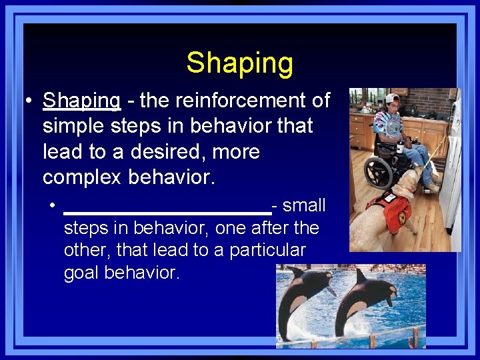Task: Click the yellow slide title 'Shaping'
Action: (239, 63)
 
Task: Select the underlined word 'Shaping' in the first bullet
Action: (81, 101)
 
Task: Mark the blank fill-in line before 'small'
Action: (167, 212)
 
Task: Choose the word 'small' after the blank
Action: (304, 205)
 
